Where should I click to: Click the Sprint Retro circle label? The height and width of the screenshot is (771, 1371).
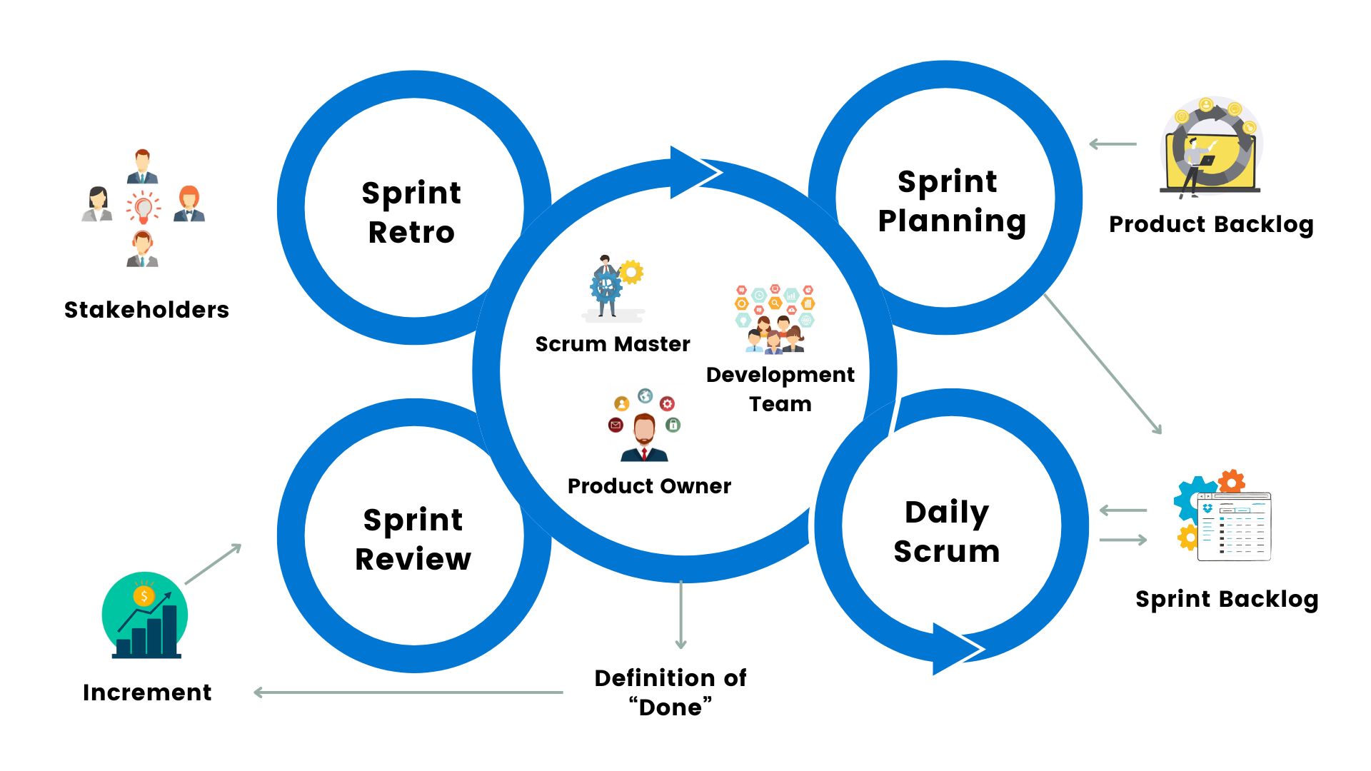point(411,212)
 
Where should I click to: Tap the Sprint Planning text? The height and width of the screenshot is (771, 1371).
point(950,201)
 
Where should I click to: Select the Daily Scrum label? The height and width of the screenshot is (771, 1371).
point(946,532)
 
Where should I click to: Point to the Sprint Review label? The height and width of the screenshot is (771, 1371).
point(413,539)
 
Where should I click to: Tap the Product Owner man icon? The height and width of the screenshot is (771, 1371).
point(644,436)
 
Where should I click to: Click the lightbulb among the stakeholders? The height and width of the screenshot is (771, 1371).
point(144,207)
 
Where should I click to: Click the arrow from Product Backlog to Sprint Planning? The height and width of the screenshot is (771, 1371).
point(1113,144)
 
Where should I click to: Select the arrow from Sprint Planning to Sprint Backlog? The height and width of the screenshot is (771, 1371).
point(1103,363)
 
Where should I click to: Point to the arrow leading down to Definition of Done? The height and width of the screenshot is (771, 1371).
point(681,614)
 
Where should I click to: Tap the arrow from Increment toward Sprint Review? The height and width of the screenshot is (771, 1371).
point(214,564)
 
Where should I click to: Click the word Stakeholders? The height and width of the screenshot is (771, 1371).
point(146,310)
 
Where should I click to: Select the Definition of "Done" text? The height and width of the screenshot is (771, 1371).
point(671,692)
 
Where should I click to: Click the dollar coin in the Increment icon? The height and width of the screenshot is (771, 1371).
point(144,596)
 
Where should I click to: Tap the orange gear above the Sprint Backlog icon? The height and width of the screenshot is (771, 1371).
point(1232,481)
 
